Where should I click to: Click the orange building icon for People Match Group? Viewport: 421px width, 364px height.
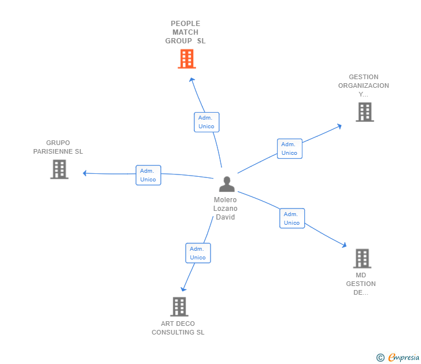tap(187, 59)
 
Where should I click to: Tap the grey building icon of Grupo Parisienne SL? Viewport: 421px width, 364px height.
tap(60, 169)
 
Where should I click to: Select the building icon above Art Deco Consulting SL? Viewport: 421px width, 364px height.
tap(179, 307)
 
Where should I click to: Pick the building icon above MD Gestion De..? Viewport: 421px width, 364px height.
tap(362, 259)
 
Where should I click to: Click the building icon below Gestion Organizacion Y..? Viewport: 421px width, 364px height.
tap(365, 112)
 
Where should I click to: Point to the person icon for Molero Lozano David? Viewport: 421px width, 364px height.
tap(227, 184)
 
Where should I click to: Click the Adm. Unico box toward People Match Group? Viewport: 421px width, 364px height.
tap(207, 122)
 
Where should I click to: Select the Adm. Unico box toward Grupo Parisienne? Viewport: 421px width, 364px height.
tap(149, 175)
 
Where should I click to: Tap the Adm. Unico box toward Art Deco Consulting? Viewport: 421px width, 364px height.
tap(198, 253)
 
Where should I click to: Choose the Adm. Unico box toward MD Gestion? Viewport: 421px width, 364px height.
tap(292, 218)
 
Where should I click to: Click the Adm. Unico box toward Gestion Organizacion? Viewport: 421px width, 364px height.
tap(290, 148)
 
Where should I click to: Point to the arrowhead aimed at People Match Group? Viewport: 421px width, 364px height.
tap(192, 80)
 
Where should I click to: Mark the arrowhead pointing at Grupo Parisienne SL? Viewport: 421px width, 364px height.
tap(84, 173)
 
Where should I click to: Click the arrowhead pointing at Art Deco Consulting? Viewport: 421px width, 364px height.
tap(183, 289)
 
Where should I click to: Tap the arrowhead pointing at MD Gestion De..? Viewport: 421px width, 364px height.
tap(344, 244)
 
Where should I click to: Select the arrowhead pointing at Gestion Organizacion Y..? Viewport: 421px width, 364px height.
tap(339, 126)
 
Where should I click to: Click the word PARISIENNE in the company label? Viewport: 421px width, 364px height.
tap(53, 151)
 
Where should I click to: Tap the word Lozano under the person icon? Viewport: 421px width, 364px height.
tap(226, 209)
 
